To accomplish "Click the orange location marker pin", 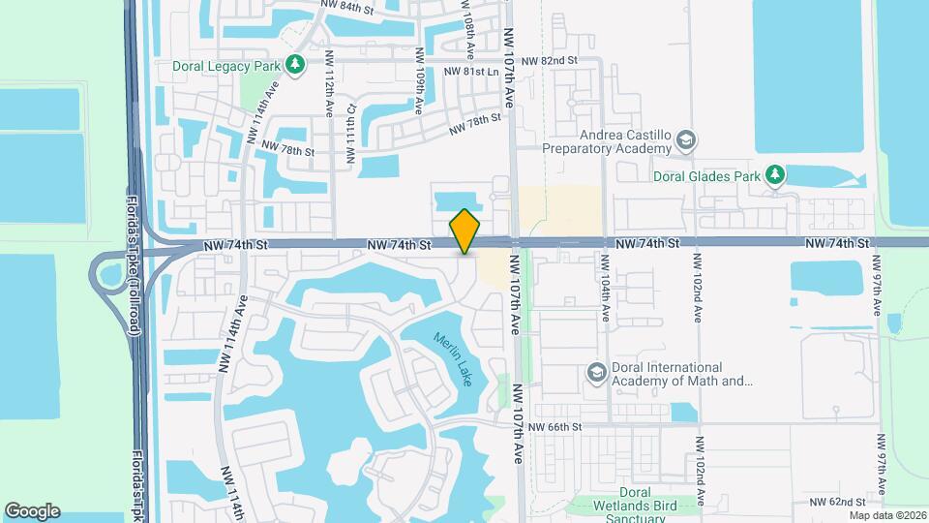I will (465, 231).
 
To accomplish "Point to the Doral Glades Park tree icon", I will (774, 174).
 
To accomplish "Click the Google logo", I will (32, 510).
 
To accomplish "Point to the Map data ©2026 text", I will (887, 515).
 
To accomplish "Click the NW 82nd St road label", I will (548, 61).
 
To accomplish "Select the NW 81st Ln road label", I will (470, 72).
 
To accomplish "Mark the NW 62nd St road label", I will (835, 502).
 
